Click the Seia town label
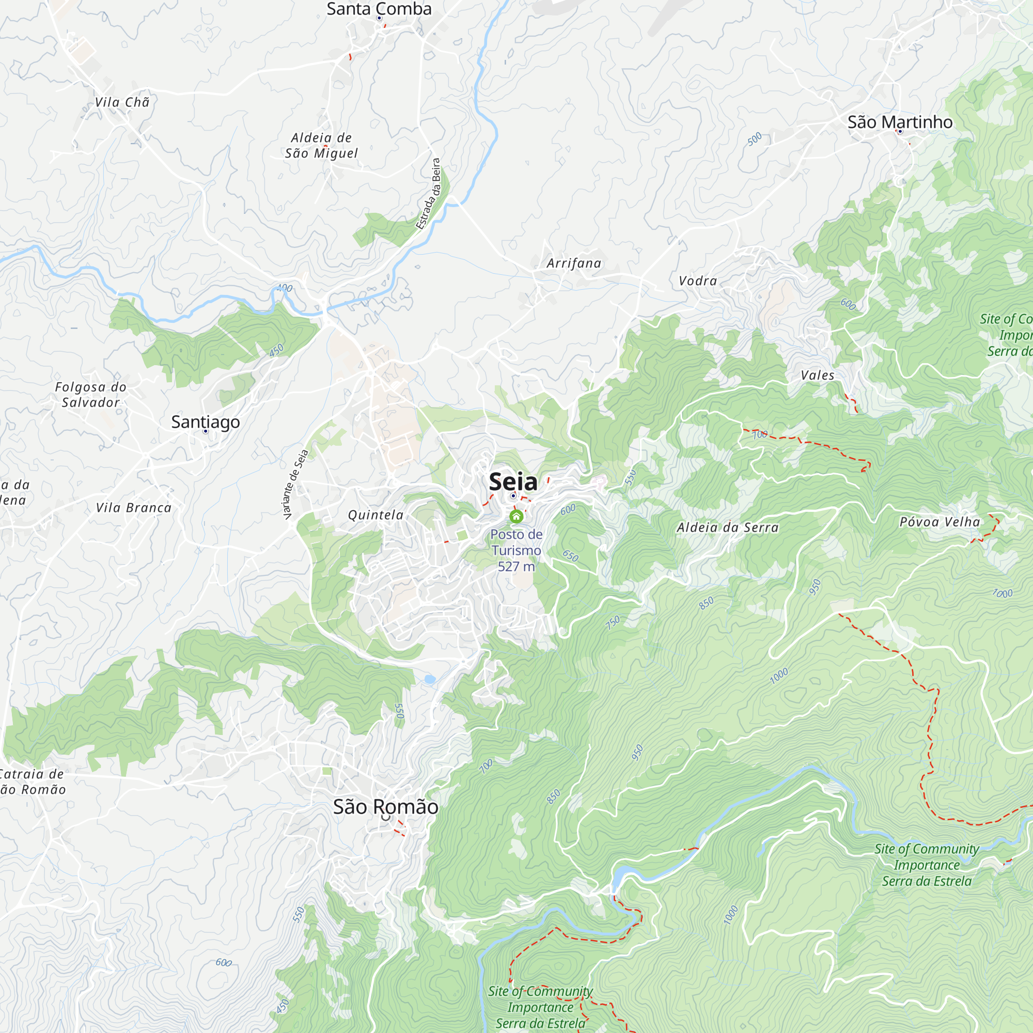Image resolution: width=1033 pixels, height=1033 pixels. click(x=513, y=482)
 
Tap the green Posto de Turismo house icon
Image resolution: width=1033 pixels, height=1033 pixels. click(x=516, y=516)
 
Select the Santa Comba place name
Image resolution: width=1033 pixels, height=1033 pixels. click(x=379, y=9)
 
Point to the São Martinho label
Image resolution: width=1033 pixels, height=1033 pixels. click(x=900, y=122)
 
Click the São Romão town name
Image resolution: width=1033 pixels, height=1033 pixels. click(x=385, y=807)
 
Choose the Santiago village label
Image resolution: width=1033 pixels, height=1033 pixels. click(x=206, y=422)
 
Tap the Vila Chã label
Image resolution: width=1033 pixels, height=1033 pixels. click(x=122, y=102)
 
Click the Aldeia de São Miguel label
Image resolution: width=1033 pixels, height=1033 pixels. click(x=321, y=146)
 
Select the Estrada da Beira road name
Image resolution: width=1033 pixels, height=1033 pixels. click(x=428, y=194)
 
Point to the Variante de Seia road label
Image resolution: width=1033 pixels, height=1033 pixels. click(x=295, y=484)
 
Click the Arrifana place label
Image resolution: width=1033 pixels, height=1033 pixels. click(x=574, y=263)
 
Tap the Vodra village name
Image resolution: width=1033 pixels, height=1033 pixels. click(x=698, y=280)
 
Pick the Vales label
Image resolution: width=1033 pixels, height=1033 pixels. click(x=818, y=375)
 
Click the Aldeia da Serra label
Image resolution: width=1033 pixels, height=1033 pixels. click(x=728, y=528)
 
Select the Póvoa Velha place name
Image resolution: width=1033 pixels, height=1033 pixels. click(x=940, y=522)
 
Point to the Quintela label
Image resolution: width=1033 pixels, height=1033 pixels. click(x=376, y=515)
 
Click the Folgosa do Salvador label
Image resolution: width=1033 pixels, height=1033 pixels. click(x=91, y=395)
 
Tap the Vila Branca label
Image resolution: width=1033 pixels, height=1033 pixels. click(x=134, y=507)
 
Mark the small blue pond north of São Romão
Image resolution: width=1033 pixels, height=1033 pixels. click(x=429, y=679)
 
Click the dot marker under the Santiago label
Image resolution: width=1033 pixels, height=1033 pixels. click(x=206, y=431)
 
